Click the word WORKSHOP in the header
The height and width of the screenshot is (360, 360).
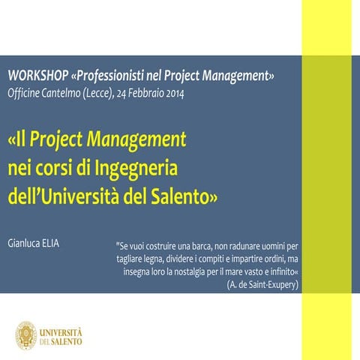[x=37, y=76]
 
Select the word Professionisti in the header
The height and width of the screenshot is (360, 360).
[x=109, y=76]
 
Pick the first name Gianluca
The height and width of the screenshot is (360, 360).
[x=25, y=244]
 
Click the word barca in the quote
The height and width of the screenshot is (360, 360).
[x=194, y=245]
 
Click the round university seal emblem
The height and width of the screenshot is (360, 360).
[x=25, y=334]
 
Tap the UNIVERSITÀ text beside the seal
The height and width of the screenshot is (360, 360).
[x=61, y=331]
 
